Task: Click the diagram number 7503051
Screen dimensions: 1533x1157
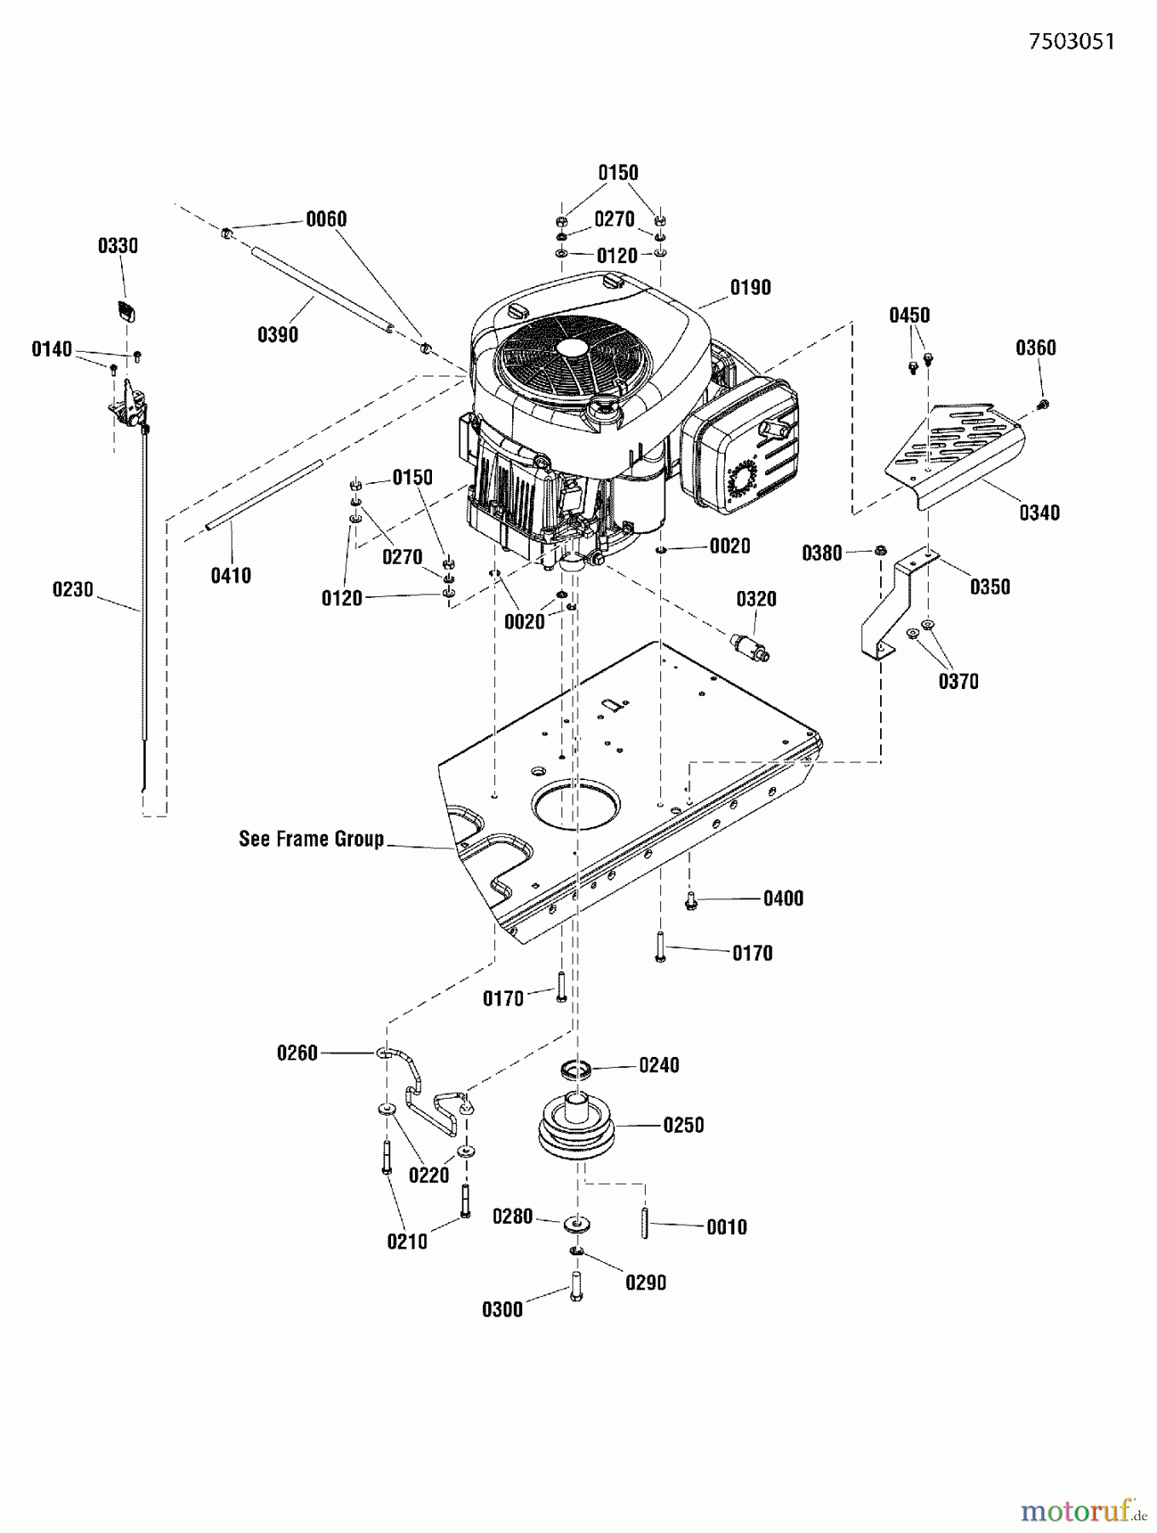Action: [1071, 42]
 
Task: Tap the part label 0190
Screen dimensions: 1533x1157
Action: [750, 288]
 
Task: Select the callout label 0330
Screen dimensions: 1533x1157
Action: [118, 246]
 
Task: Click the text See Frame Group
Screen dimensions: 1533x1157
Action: [311, 839]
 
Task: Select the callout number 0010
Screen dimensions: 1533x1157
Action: [726, 1227]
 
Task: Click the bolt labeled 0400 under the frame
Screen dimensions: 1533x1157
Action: [691, 900]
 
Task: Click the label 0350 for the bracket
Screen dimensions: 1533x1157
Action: [989, 587]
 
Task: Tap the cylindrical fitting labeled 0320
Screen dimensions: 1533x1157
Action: [750, 646]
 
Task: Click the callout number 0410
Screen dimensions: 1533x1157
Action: [231, 576]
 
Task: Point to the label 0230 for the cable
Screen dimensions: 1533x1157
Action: [72, 589]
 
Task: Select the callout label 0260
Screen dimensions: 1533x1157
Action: [296, 1054]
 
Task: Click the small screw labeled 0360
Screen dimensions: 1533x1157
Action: [1045, 404]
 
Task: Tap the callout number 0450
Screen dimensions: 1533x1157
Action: [909, 316]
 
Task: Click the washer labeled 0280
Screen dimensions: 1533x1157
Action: [577, 1224]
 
